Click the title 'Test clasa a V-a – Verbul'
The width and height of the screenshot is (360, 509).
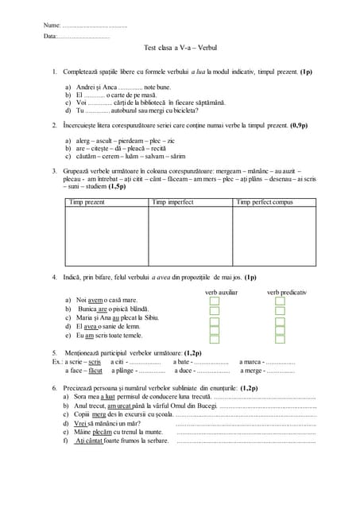(x=180, y=49)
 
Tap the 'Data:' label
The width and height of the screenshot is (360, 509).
(x=50, y=37)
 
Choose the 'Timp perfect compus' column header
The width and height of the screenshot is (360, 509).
(x=265, y=202)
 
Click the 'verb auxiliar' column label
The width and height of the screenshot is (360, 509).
(x=222, y=292)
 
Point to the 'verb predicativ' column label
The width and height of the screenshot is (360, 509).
(x=286, y=292)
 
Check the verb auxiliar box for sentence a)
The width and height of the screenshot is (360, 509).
(x=215, y=301)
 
